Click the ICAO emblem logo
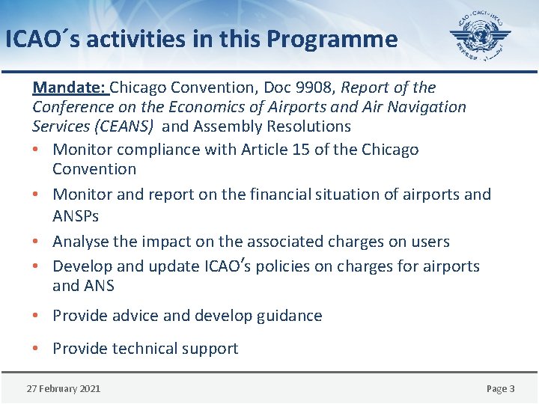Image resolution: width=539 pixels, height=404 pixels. tap(480, 36)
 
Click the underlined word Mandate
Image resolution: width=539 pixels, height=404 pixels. tap(70, 88)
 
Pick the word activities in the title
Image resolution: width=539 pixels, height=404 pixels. tap(137, 39)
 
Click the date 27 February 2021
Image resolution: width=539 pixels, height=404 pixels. tap(64, 388)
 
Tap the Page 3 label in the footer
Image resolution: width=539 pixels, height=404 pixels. tap(500, 388)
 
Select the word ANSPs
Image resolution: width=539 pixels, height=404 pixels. tap(76, 216)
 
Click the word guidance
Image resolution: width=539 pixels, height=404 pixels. tap(290, 316)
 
